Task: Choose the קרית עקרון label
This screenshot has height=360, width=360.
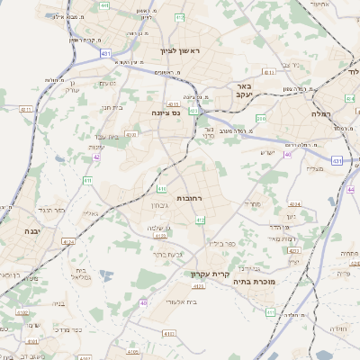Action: click(x=211, y=274)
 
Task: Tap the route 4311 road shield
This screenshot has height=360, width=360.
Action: click(x=25, y=110)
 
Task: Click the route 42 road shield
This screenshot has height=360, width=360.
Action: click(x=96, y=157)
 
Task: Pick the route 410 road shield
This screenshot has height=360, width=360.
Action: click(x=162, y=188)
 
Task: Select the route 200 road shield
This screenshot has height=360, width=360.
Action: click(x=261, y=118)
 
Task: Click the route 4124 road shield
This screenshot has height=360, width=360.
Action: click(x=160, y=261)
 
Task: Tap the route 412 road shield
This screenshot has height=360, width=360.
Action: click(x=200, y=220)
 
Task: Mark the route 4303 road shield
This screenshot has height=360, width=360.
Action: click(x=131, y=135)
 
